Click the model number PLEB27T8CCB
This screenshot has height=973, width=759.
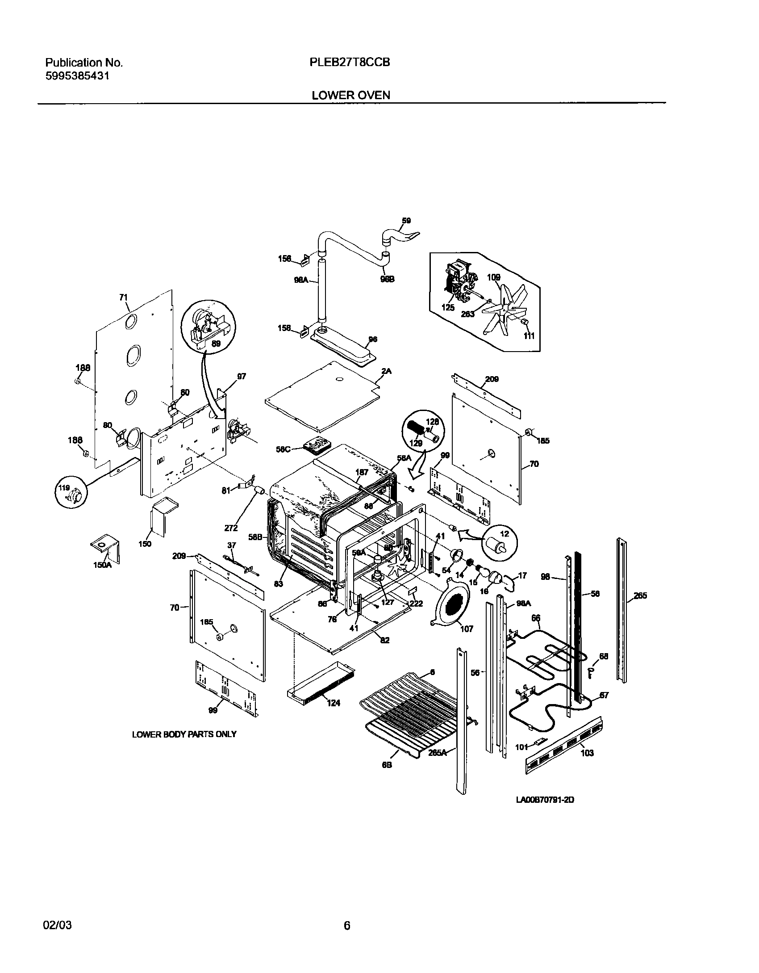tap(350, 63)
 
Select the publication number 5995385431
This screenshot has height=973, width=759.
tap(77, 76)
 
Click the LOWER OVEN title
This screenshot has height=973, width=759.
tap(350, 95)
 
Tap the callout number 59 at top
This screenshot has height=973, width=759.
tap(406, 221)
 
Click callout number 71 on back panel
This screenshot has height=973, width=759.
tap(124, 297)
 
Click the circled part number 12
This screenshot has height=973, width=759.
tap(505, 534)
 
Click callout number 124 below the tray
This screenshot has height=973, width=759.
tap(333, 703)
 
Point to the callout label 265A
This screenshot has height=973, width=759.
tap(438, 752)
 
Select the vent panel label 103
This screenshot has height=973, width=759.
tap(587, 753)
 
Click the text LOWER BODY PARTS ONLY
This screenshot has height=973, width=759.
tap(184, 734)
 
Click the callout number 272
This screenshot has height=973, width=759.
tap(230, 528)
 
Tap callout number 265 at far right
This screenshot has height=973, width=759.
tap(640, 596)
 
